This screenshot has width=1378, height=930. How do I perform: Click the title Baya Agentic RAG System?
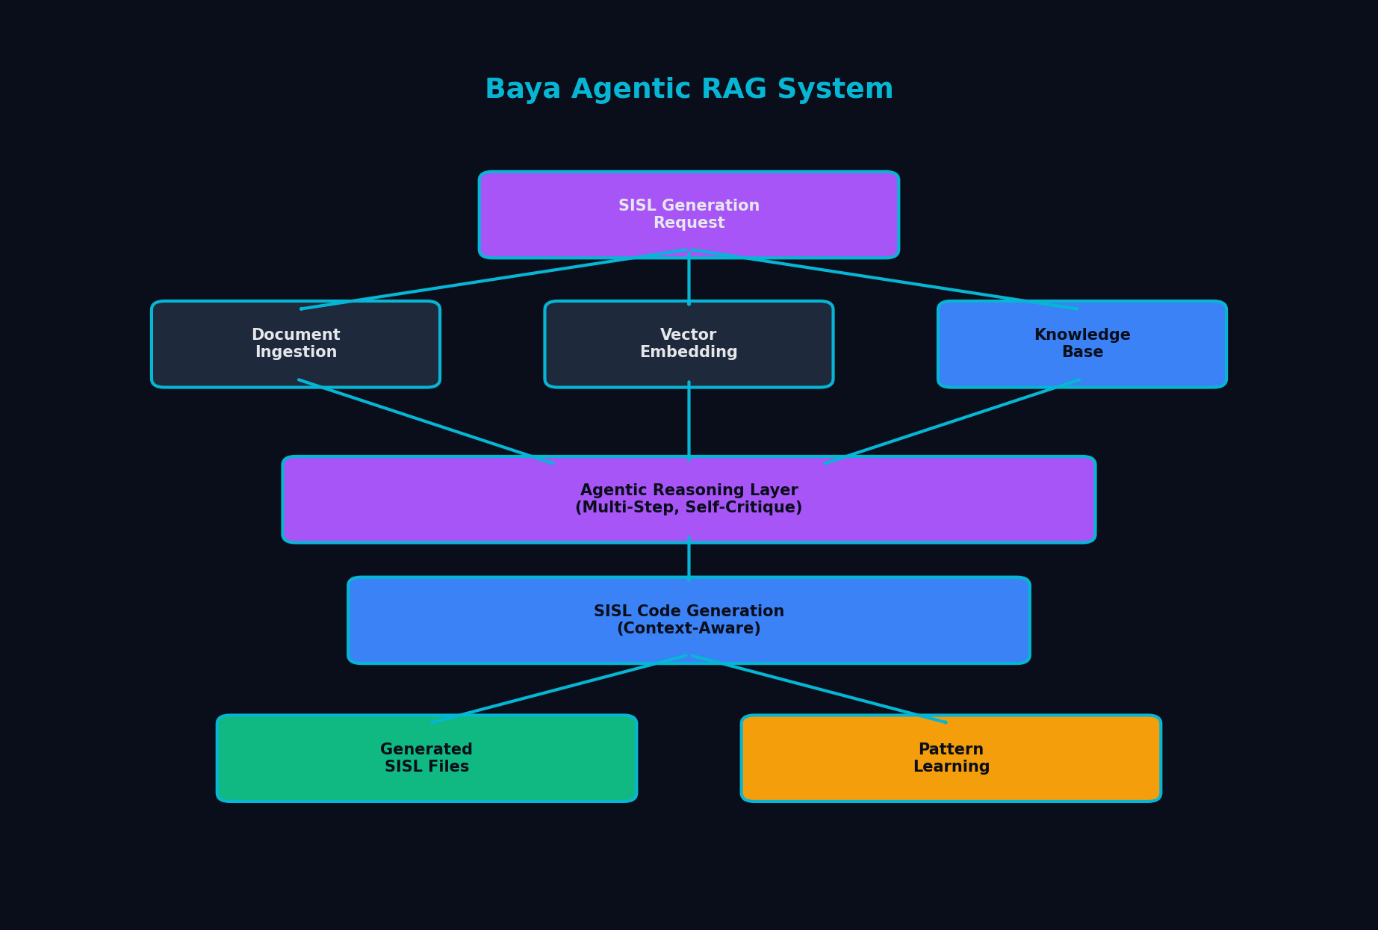[x=689, y=90]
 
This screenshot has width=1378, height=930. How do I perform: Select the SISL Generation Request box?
[x=689, y=214]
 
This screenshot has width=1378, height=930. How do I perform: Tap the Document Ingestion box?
[x=296, y=344]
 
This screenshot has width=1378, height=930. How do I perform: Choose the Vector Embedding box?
[x=689, y=344]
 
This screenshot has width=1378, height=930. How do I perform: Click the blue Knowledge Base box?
[x=1081, y=344]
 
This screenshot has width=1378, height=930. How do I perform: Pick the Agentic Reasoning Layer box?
[x=689, y=499]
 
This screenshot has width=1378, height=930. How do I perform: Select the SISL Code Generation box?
[x=689, y=620]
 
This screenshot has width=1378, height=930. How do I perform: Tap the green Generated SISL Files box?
[x=426, y=758]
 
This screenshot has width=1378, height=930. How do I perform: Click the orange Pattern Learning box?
[x=951, y=758]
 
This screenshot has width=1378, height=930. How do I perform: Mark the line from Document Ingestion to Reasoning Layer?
[x=426, y=422]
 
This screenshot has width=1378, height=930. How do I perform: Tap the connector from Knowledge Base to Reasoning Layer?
[x=952, y=422]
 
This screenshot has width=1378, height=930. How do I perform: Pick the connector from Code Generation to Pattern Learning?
[x=819, y=689]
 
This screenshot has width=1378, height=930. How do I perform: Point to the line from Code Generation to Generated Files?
[x=559, y=689]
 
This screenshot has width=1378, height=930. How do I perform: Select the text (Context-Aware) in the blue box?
[x=689, y=629]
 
